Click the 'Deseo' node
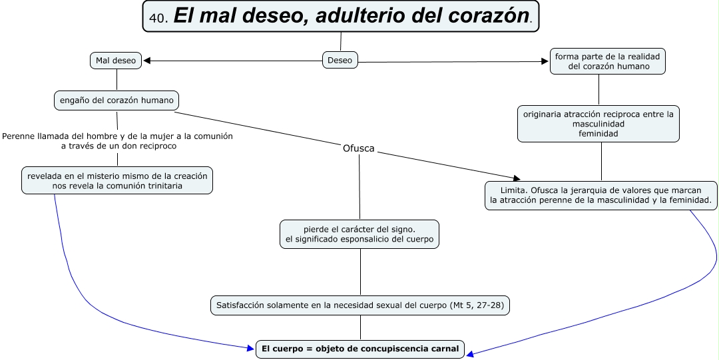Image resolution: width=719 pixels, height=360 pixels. tap(340, 61)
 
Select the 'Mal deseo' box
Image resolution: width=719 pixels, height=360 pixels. tap(116, 61)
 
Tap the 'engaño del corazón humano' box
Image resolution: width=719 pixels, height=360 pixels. tap(117, 100)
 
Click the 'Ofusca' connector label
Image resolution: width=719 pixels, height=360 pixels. tap(358, 148)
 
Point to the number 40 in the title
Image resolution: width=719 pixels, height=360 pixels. tap(158, 18)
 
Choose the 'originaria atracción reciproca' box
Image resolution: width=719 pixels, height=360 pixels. tap(599, 124)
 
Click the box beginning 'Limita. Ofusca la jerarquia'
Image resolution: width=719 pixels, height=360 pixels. tap(601, 195)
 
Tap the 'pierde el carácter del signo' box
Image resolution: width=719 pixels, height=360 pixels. tap(359, 234)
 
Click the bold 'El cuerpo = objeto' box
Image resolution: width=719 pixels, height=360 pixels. tap(361, 349)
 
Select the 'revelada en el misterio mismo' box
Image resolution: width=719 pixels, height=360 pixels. tap(117, 181)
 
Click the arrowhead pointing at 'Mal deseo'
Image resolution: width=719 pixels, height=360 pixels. tap(147, 61)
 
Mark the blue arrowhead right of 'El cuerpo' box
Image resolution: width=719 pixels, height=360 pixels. tap(471, 354)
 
